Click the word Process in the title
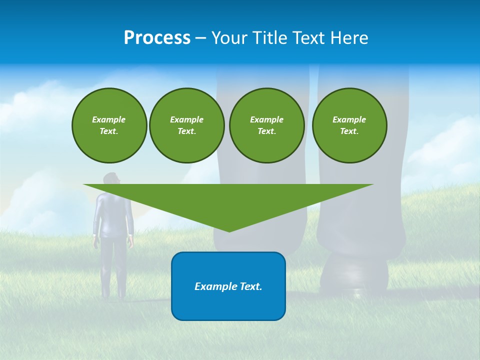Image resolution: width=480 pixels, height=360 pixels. coord(157,38)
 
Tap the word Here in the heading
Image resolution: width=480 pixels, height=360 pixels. coord(349,38)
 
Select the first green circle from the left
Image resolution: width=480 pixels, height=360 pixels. coord(109,125)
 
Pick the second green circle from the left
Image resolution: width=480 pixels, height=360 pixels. coord(186,125)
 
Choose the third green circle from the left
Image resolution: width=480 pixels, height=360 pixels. coord(266,125)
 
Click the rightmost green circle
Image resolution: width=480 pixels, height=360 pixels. coord(349,125)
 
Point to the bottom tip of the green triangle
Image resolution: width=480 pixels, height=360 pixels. coord(229,231)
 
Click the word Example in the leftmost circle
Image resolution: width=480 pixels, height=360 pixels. coord(109,119)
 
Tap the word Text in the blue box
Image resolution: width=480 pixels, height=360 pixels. coord(250,286)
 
